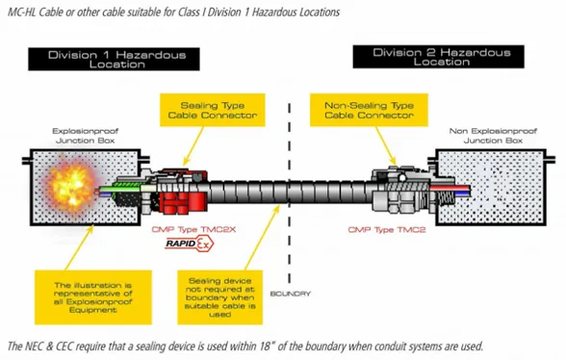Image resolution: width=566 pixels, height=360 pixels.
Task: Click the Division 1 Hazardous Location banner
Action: pyautogui.click(x=114, y=59)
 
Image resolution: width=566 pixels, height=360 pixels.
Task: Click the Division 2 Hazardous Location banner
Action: pyautogui.click(x=438, y=57)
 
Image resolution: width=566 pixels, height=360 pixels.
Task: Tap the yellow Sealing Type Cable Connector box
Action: pyautogui.click(x=212, y=110)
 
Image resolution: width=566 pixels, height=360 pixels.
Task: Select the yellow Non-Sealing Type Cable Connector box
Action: pyautogui.click(x=369, y=110)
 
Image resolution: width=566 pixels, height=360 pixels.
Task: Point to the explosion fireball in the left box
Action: pyautogui.click(x=71, y=187)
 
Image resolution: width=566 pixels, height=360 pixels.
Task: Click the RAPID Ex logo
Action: pyautogui.click(x=190, y=244)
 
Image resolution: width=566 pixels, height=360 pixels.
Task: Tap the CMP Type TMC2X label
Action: pyautogui.click(x=193, y=230)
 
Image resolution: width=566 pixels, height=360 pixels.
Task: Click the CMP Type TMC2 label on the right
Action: pyautogui.click(x=387, y=230)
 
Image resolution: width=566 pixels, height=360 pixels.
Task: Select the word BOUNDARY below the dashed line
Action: pyautogui.click(x=291, y=294)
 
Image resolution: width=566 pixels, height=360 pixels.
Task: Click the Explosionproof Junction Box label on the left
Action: pyautogui.click(x=85, y=136)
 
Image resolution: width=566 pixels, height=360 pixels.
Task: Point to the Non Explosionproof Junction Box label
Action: pyautogui.click(x=493, y=136)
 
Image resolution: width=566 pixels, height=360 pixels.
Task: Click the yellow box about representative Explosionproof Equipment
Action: pyautogui.click(x=93, y=297)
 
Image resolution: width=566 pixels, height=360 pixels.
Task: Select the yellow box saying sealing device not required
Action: pyautogui.click(x=219, y=297)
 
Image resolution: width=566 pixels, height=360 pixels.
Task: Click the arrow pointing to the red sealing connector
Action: pyautogui.click(x=193, y=146)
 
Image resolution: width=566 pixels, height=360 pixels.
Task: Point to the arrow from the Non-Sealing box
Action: pyautogui.click(x=386, y=146)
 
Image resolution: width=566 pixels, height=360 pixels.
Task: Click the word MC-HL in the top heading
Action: pyautogui.click(x=21, y=13)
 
